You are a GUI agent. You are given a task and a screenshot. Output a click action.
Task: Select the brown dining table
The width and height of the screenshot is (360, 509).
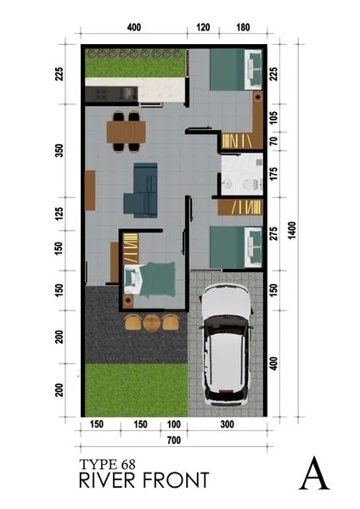127,131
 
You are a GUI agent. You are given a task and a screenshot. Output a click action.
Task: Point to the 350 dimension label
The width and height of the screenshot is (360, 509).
59,151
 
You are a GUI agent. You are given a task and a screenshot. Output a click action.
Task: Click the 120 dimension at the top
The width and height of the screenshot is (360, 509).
203,27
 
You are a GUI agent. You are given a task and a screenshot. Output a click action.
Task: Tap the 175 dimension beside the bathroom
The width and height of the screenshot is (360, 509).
273,176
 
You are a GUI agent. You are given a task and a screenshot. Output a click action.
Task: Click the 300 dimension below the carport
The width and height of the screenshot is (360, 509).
226,424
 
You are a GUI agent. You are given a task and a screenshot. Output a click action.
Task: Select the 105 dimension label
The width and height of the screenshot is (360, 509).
273,116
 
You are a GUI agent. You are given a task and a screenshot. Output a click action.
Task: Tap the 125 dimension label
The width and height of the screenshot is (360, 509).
59,213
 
